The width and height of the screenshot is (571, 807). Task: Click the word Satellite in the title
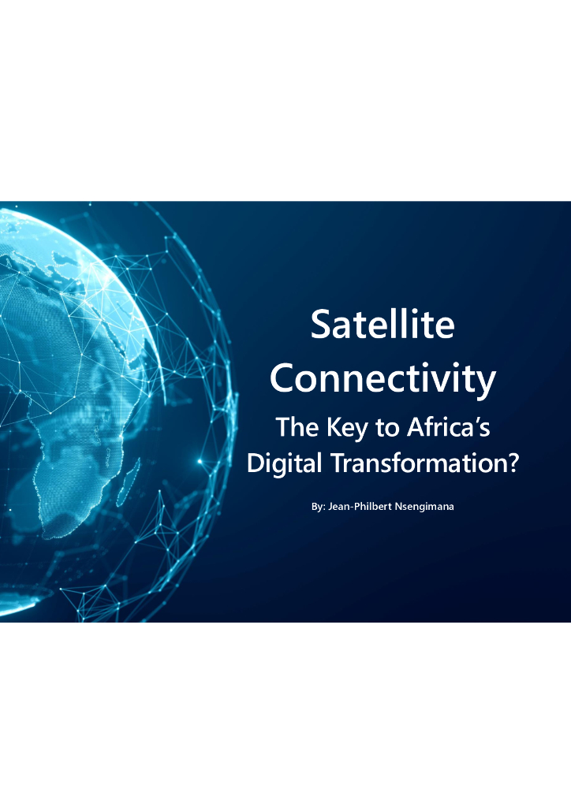pos(383,324)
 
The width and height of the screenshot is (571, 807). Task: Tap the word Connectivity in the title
pos(383,378)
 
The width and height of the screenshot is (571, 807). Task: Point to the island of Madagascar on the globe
pos(129,482)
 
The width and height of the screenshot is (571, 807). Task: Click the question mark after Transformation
pos(513,463)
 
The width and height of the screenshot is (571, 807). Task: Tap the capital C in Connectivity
pos(284,378)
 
